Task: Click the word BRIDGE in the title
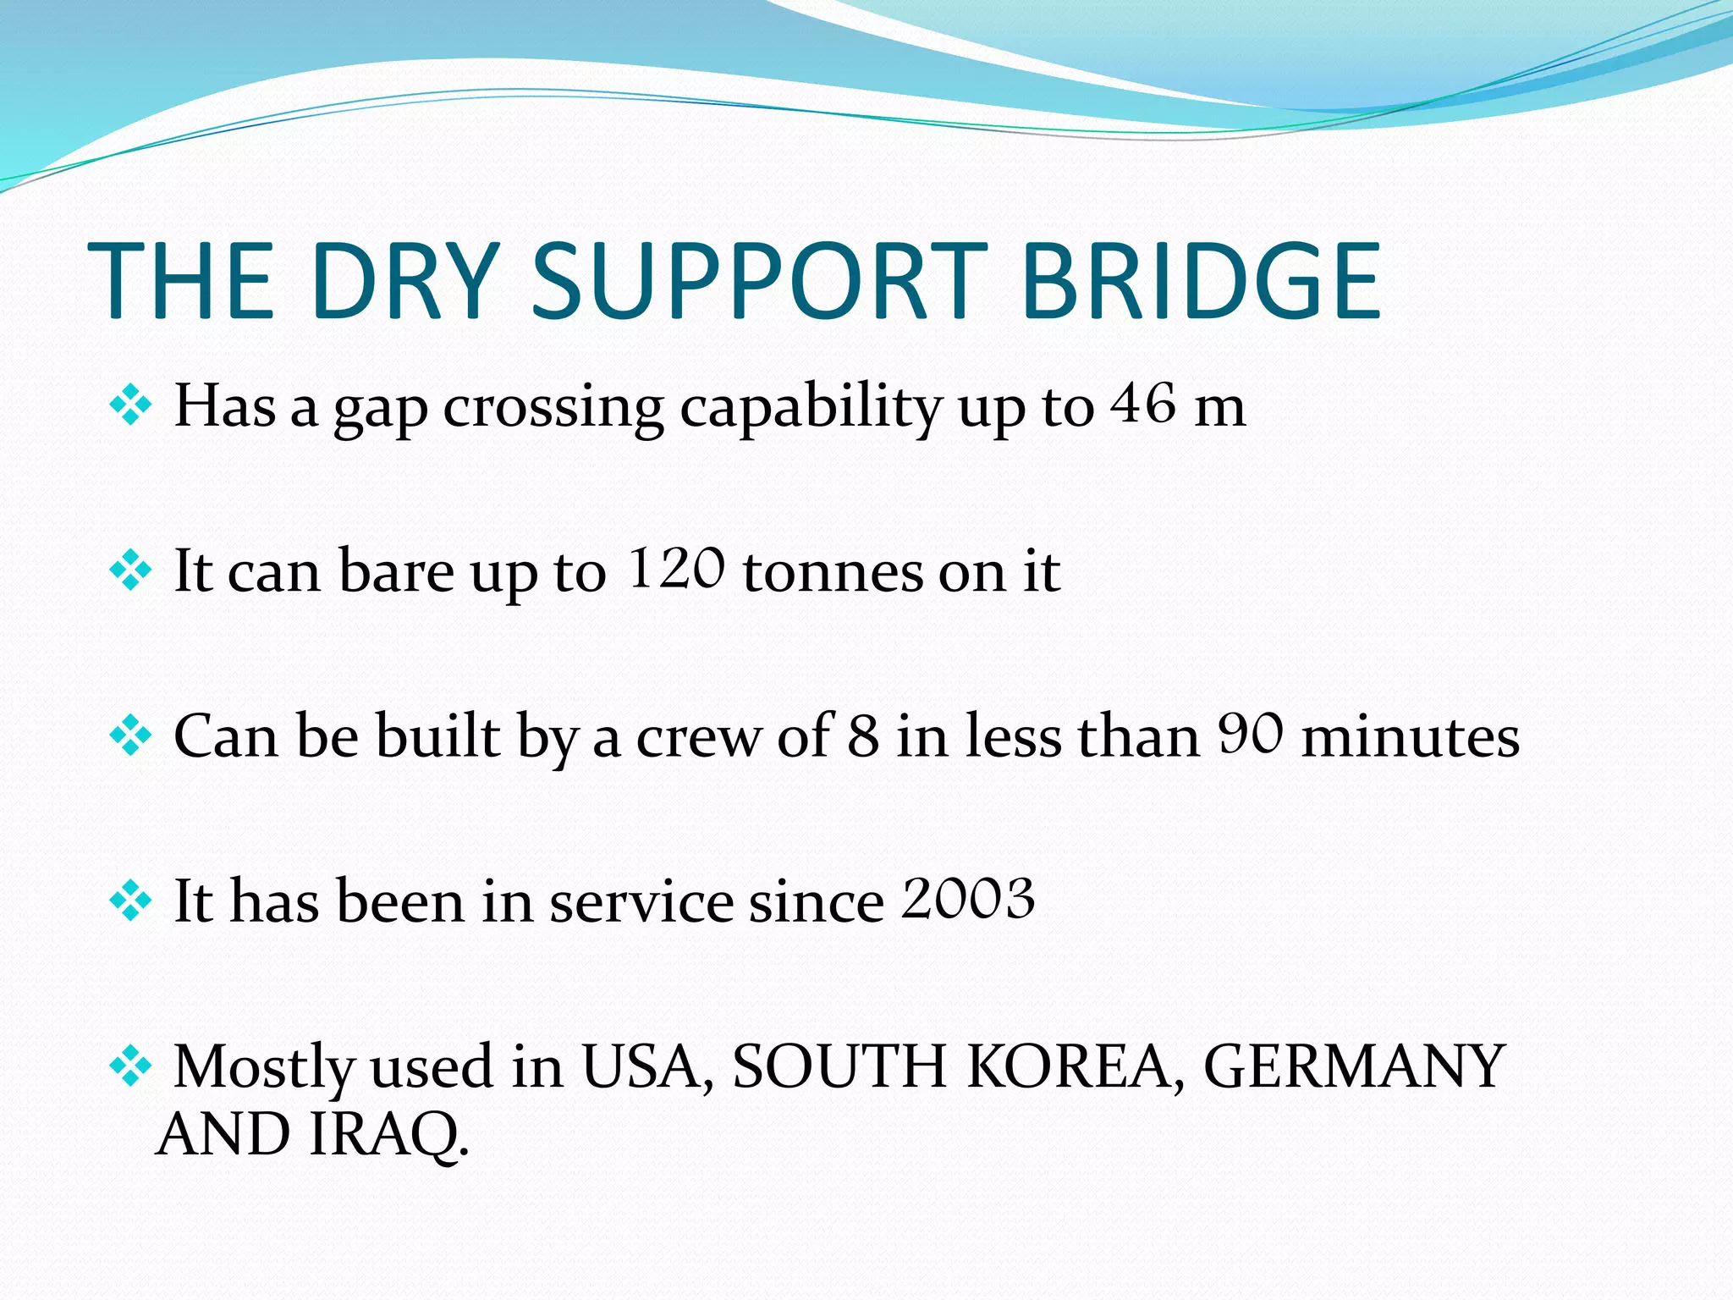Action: (1202, 282)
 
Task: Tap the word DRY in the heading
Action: (404, 282)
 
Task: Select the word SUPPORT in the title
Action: (759, 282)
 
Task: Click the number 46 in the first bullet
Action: (1143, 404)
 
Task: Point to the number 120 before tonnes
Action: (677, 568)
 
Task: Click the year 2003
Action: (968, 898)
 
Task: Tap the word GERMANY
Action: (1354, 1066)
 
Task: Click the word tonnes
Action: (833, 572)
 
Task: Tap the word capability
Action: (811, 408)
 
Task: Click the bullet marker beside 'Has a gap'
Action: (130, 405)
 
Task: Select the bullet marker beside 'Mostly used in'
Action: (130, 1065)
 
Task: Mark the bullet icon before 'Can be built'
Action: (130, 735)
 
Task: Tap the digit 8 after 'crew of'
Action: (863, 735)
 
